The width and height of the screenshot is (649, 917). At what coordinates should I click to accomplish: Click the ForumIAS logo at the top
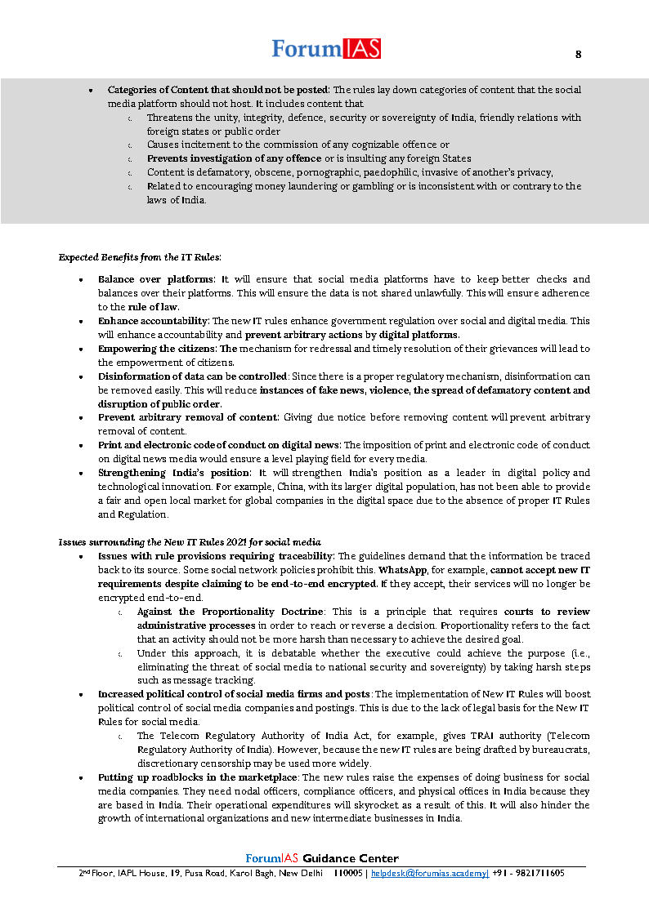tap(326, 49)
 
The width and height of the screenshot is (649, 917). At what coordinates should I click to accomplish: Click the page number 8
tap(579, 55)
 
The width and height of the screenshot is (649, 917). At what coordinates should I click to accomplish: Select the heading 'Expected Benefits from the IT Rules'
tap(139, 257)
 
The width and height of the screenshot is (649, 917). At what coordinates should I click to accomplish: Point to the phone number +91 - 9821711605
tap(528, 873)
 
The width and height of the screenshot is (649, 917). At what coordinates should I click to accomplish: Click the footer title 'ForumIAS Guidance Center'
tap(322, 858)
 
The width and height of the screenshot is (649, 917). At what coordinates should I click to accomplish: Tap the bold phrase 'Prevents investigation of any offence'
tap(234, 158)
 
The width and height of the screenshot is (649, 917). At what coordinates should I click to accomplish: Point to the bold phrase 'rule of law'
tap(154, 307)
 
